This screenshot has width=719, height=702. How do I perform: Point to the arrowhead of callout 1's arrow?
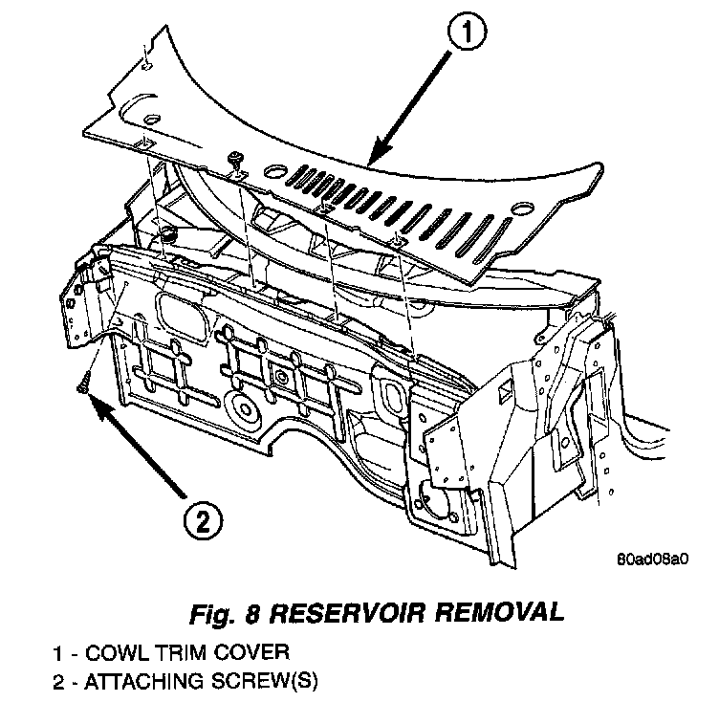click(374, 157)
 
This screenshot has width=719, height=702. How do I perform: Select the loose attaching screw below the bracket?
click(82, 384)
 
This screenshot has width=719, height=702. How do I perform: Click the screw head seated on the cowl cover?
click(234, 158)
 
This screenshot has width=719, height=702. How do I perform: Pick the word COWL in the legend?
click(112, 653)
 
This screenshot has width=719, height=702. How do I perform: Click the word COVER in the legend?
click(238, 653)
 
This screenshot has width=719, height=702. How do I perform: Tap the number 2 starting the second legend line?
click(59, 682)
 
